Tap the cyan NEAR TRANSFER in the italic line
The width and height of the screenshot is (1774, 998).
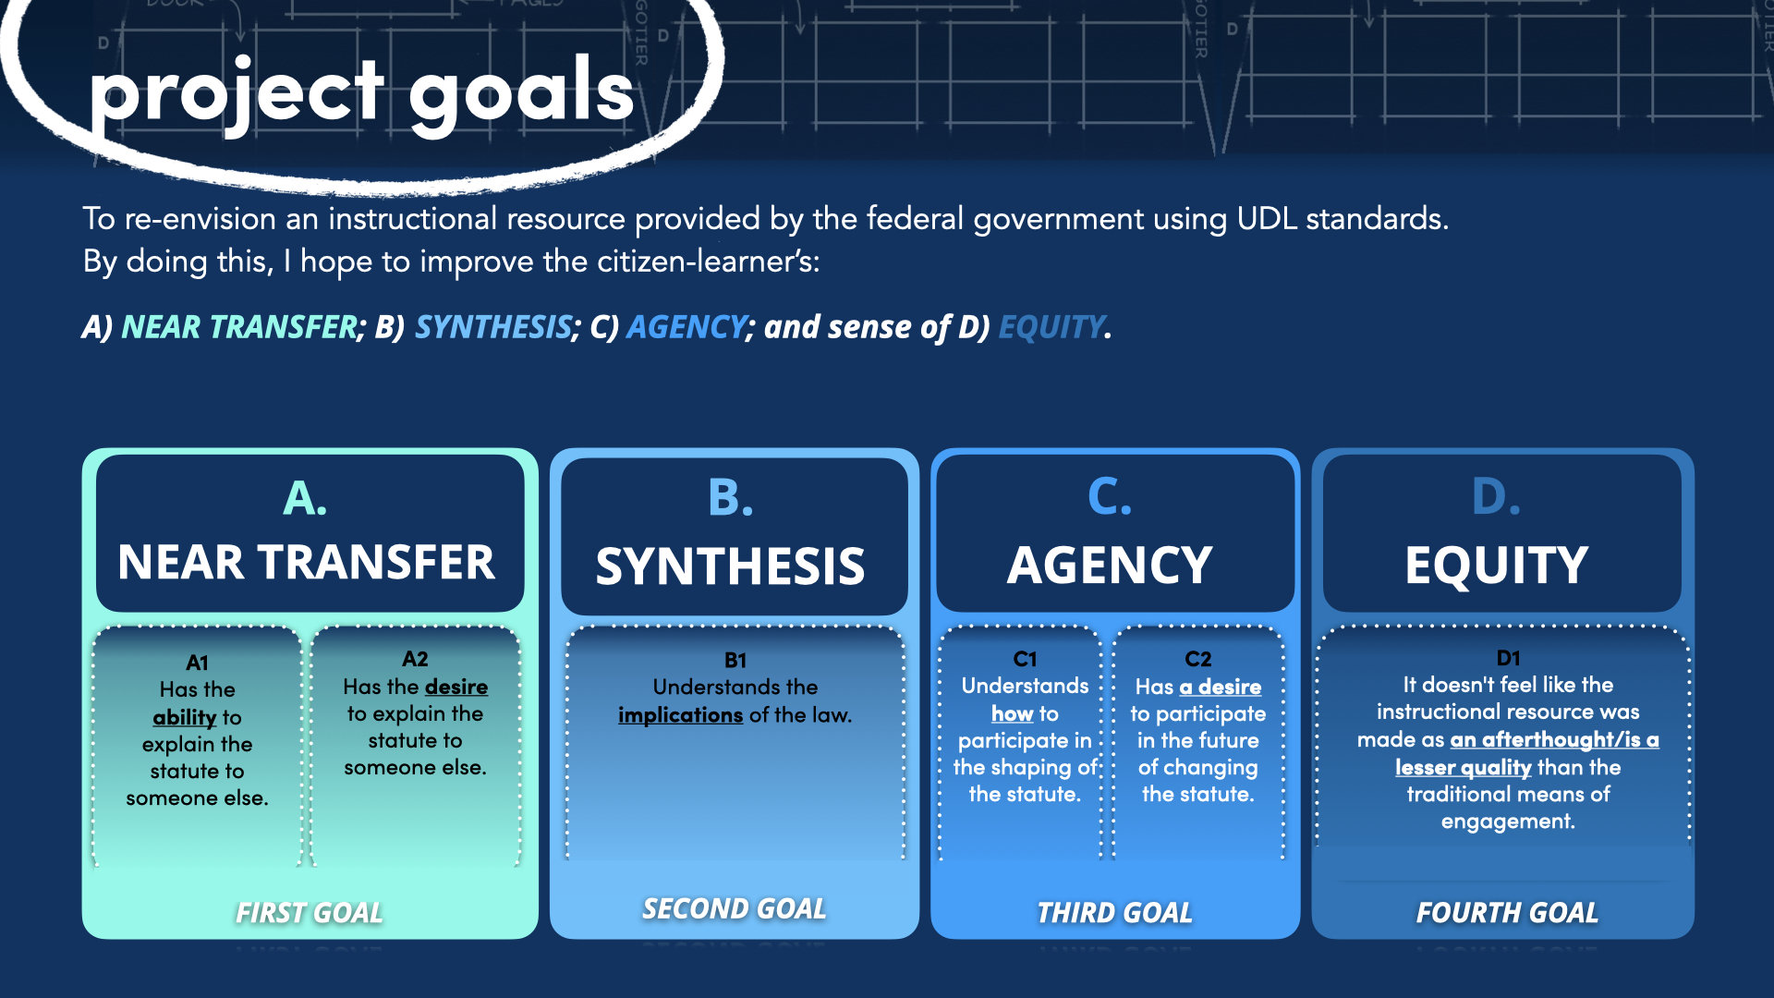(238, 327)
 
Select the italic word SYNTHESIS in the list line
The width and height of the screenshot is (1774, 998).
(492, 327)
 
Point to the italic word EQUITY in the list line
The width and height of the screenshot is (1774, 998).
(1051, 327)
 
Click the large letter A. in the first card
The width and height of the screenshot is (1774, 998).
(305, 499)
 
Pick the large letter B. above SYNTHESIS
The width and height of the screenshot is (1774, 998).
(730, 498)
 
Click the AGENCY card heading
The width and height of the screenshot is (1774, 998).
(1110, 565)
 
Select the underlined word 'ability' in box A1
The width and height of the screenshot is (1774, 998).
(185, 718)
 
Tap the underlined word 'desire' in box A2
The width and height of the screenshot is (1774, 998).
(456, 688)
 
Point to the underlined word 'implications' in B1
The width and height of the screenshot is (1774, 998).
(680, 715)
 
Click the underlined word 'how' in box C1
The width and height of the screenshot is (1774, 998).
(1013, 714)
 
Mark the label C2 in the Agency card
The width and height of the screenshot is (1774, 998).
(1197, 659)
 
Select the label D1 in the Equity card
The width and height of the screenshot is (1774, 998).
(1508, 658)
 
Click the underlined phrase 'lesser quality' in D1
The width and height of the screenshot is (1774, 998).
(1464, 768)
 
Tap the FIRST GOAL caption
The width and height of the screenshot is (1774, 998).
(309, 913)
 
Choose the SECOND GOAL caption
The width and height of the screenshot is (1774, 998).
(735, 909)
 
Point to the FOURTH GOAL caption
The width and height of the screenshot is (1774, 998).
(1507, 913)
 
